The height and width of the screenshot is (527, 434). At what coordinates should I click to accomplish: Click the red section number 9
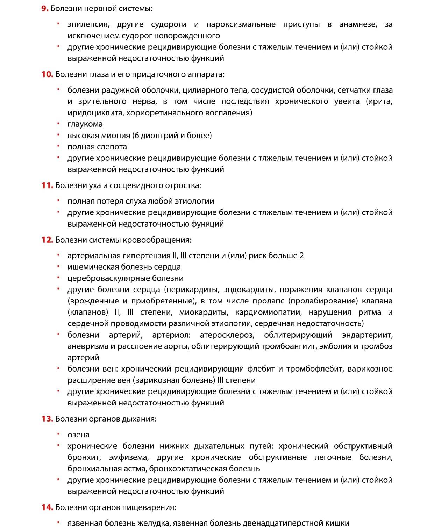click(x=45, y=8)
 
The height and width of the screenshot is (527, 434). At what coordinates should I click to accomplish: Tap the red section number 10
click(x=47, y=74)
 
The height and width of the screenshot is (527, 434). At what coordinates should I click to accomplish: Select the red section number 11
click(x=47, y=185)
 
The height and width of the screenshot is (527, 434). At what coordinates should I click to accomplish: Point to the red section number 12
click(x=47, y=240)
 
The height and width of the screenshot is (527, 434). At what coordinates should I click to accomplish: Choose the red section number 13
click(x=47, y=419)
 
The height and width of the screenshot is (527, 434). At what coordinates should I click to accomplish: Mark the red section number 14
click(x=47, y=507)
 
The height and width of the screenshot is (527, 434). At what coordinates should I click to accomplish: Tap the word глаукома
click(x=85, y=124)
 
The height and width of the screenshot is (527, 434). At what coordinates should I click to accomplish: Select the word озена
click(x=78, y=435)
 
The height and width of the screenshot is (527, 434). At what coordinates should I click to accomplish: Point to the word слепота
click(x=112, y=147)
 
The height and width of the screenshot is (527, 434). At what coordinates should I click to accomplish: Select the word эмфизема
click(x=129, y=458)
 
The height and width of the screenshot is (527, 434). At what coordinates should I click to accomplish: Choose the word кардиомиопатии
click(x=268, y=312)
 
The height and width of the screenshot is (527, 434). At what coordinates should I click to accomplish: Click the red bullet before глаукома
click(x=58, y=124)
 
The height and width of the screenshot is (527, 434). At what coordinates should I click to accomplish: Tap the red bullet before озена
click(x=58, y=434)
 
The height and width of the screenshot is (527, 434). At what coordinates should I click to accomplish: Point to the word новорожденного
click(x=187, y=36)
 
